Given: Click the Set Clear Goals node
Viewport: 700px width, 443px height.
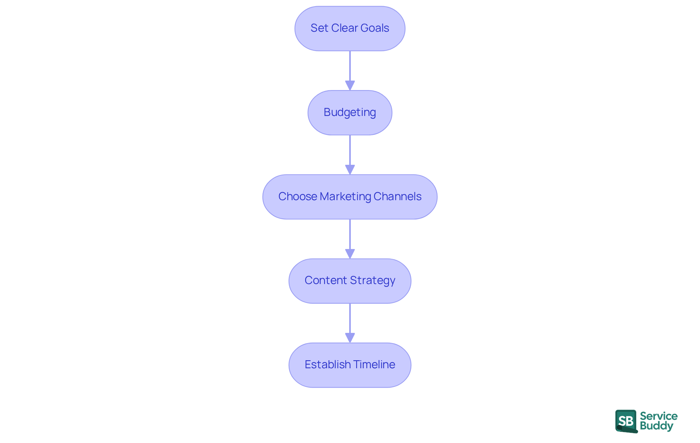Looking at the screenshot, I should [x=350, y=28].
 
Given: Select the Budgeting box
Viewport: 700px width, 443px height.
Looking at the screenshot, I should [x=350, y=113].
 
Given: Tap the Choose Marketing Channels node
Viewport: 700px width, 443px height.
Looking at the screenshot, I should [x=350, y=197].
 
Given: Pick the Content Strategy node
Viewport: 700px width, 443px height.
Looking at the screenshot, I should [x=350, y=281].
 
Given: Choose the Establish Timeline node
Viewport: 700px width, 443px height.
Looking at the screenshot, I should [x=350, y=365].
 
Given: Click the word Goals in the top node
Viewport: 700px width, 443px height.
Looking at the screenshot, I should [x=374, y=28].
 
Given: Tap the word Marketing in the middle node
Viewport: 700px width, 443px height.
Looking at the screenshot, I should [x=345, y=197].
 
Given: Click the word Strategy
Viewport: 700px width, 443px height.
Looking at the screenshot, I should [x=372, y=280].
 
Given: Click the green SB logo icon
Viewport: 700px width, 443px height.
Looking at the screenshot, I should [x=626, y=421].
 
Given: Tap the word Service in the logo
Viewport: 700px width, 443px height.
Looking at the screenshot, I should [x=658, y=416].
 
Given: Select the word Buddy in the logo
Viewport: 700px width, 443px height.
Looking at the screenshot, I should [x=656, y=426].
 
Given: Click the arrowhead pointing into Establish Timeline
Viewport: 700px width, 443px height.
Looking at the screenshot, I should [x=350, y=338].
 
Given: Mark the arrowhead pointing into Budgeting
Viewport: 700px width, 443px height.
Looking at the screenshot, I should [x=350, y=85].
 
